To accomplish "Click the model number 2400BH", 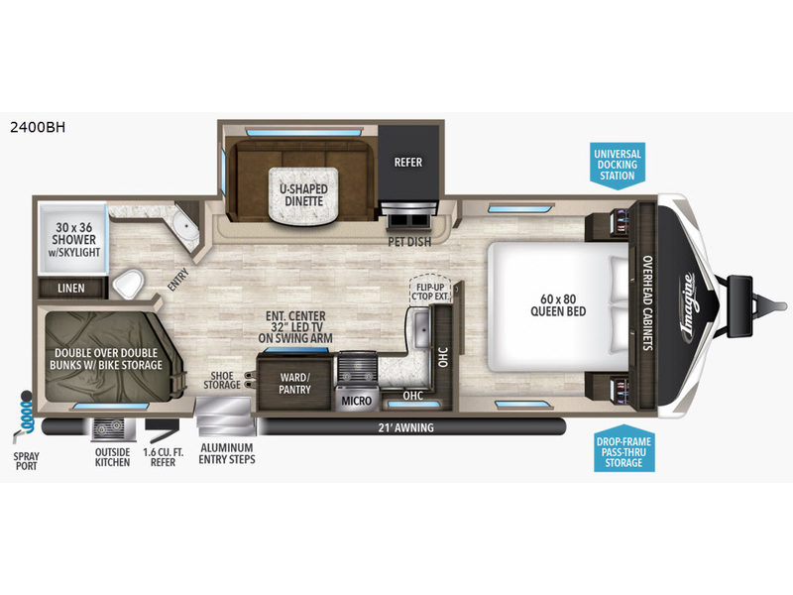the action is click(x=38, y=127).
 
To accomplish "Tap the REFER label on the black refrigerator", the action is click(x=408, y=163).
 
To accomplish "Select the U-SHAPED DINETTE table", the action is click(x=303, y=194).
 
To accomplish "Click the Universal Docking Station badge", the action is click(x=617, y=166).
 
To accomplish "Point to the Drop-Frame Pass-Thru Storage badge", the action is click(x=623, y=450).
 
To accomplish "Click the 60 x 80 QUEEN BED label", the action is click(x=558, y=305).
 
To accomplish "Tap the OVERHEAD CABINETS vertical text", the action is click(x=647, y=302).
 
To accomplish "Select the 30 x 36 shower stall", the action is click(x=73, y=239).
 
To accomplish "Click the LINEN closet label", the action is click(x=71, y=289).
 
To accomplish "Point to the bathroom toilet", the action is click(x=128, y=284).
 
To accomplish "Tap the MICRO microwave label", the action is click(x=357, y=401).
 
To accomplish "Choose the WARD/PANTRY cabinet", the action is click(x=294, y=383).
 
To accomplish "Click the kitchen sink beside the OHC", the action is click(x=421, y=329).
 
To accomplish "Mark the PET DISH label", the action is click(x=409, y=242).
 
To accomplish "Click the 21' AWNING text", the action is click(x=406, y=427).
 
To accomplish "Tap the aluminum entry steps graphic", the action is click(x=225, y=416).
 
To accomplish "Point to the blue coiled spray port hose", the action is click(x=26, y=414).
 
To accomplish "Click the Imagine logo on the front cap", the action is click(x=690, y=306).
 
